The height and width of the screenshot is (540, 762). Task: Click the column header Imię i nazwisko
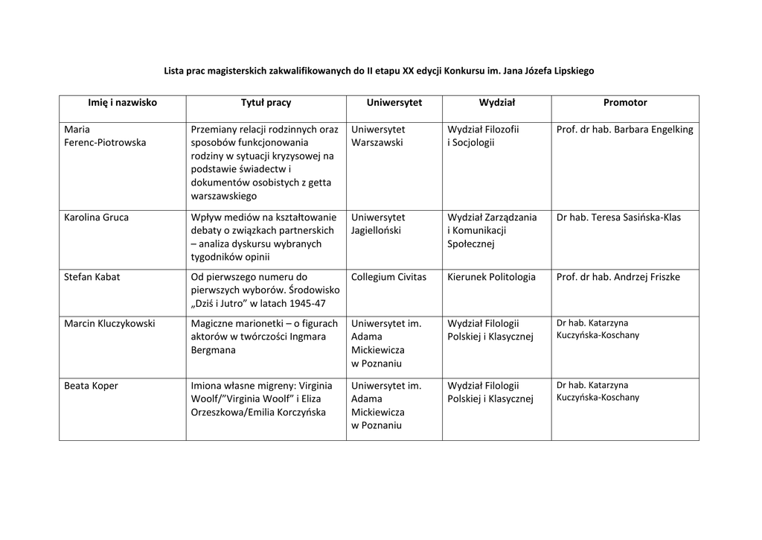pos(122,103)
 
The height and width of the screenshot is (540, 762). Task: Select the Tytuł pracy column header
pos(266,103)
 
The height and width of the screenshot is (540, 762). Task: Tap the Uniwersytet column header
pos(394,103)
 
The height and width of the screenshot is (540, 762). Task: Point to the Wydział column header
pos(497,103)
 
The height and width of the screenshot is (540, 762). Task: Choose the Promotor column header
pos(625,103)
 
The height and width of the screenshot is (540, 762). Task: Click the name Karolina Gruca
pos(96,217)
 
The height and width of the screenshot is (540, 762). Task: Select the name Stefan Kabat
pos(92,277)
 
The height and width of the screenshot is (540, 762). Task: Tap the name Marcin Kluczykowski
pos(110,323)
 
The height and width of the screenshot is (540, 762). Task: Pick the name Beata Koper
pos(91,386)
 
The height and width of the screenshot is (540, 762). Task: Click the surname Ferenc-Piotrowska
pos(105,142)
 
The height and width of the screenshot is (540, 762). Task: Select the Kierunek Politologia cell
pos(491,277)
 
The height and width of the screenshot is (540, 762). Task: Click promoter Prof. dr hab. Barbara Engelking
pos(624,130)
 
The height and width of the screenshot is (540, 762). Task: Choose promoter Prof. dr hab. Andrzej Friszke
pos(618,277)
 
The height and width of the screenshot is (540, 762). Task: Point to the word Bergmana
pos(213,350)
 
